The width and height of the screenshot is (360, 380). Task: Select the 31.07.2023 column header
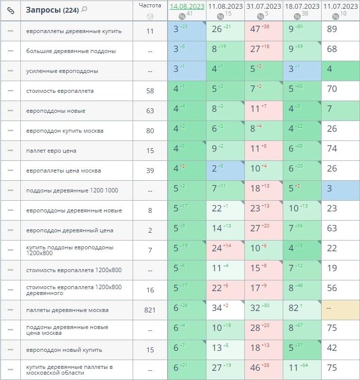[x=264, y=6]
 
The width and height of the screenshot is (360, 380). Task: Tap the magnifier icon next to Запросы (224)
[x=85, y=9]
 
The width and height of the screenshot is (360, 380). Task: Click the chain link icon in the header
[x=10, y=10]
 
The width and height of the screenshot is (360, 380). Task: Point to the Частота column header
[x=150, y=6]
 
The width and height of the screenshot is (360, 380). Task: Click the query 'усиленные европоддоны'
[x=62, y=71]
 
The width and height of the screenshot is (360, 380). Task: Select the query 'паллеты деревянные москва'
[x=68, y=310]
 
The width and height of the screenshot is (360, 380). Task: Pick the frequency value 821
[x=150, y=310]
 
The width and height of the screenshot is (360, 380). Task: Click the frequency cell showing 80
[x=150, y=131]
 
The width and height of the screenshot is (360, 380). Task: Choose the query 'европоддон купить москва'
[x=65, y=131]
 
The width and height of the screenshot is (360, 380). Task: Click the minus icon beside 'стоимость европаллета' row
[x=10, y=91]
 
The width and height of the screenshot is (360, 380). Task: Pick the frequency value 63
[x=150, y=111]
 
